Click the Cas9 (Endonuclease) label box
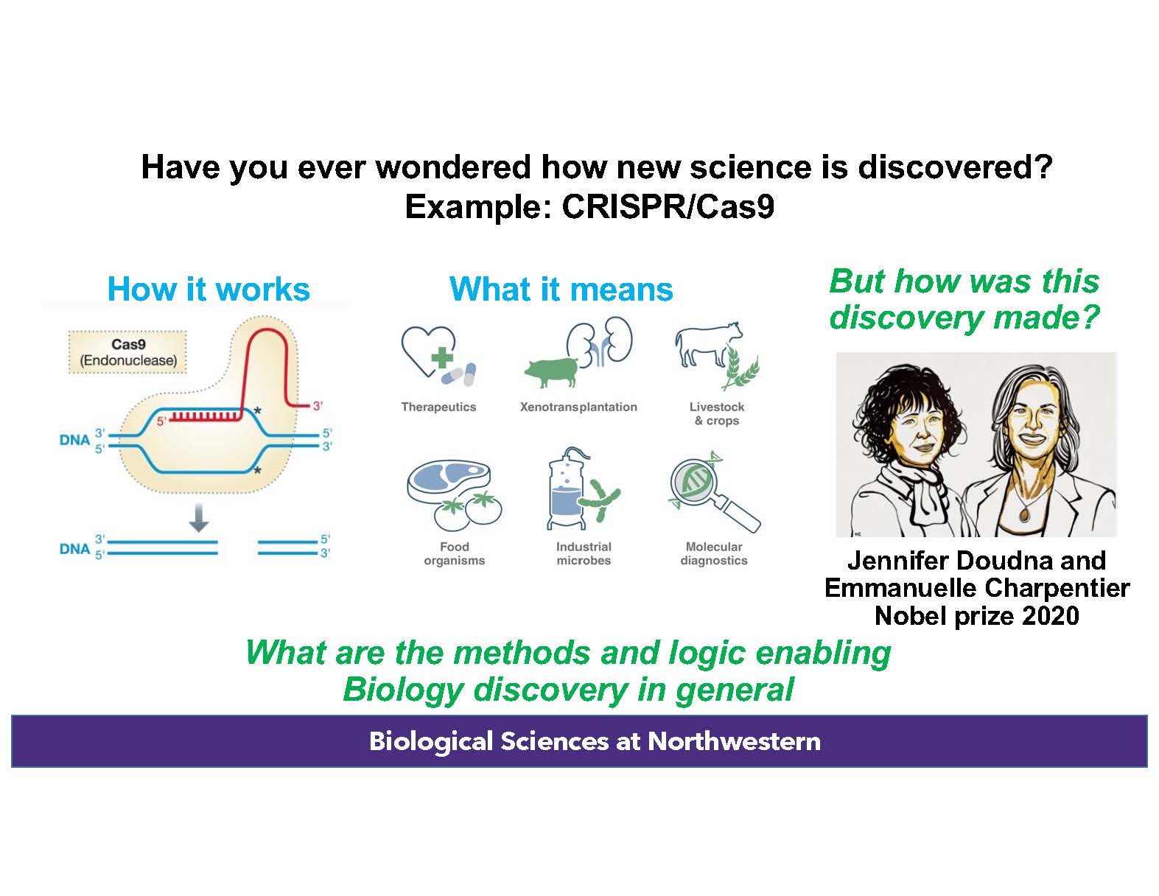click(128, 352)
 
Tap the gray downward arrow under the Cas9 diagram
click(198, 517)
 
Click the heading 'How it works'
click(209, 289)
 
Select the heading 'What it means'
click(561, 289)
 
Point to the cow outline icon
click(708, 344)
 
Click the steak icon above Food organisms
click(448, 479)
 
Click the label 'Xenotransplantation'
click(578, 407)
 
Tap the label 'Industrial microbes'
click(584, 553)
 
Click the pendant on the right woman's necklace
click(1024, 514)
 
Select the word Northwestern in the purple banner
click(734, 741)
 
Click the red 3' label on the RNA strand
click(318, 406)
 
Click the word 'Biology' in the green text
click(403, 690)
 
